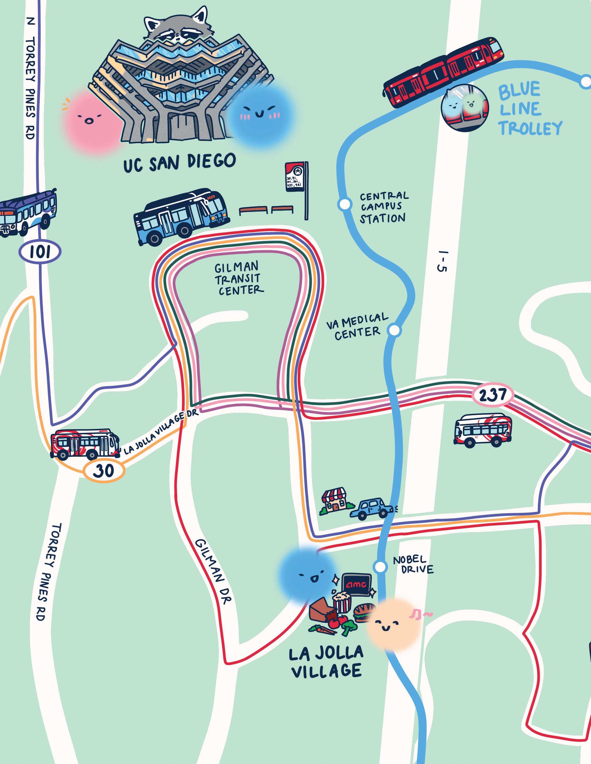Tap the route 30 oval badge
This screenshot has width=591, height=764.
104,471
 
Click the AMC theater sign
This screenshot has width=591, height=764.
356,584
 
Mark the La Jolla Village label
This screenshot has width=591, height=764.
326,663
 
